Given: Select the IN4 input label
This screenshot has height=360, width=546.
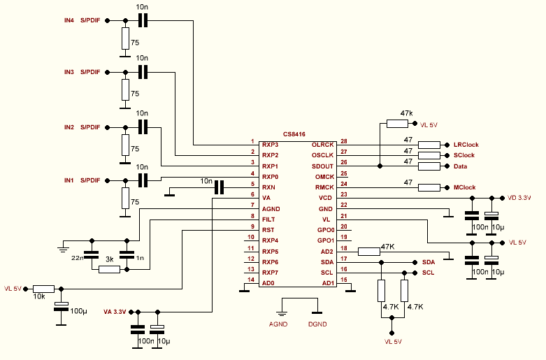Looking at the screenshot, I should (69, 21).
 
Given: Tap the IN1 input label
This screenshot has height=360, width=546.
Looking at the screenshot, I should (69, 180).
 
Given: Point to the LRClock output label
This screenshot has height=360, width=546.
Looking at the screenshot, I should (465, 144).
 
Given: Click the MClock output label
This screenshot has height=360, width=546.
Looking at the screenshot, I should (464, 187).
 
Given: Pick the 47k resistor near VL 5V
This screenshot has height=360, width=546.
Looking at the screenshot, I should (397, 124).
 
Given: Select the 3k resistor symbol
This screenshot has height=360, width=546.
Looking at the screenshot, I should (109, 268).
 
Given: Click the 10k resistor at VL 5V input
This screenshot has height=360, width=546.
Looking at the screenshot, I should (43, 288).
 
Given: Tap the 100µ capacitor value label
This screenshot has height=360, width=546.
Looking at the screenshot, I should (78, 310).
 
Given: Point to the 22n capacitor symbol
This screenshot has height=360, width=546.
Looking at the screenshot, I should (90, 254).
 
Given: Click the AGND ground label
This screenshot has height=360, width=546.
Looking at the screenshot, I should (279, 324).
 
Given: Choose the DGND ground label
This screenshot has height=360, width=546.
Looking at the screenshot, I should (318, 324).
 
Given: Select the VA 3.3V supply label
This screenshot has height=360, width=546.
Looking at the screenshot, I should (116, 311).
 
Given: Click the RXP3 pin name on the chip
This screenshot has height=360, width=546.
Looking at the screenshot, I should (270, 144).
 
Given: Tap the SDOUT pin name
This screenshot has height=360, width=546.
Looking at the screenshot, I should (322, 166).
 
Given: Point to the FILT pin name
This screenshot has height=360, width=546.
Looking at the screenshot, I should (268, 219).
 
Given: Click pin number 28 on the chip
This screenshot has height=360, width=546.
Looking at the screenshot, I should (343, 142).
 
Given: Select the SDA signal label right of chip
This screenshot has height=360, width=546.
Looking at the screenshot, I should (429, 261).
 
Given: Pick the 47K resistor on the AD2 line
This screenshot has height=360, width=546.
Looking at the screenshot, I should (368, 251).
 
